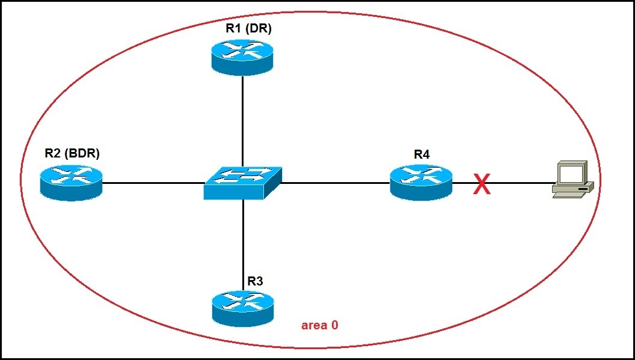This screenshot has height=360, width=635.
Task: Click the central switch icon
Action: pos(242,182)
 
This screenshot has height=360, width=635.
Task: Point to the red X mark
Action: pos(481,185)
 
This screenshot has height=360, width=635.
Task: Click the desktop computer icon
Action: pos(573,178)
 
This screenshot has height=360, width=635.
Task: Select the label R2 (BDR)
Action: pos(72,153)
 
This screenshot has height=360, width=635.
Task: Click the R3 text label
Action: pos(256,281)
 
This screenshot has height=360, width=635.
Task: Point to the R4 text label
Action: pos(422,154)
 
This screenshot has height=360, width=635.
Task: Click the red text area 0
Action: pos(319,325)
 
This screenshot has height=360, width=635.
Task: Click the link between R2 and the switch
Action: pos(153,183)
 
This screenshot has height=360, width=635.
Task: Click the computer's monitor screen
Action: pos(571,174)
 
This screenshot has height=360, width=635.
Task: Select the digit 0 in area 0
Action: pos(334,325)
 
